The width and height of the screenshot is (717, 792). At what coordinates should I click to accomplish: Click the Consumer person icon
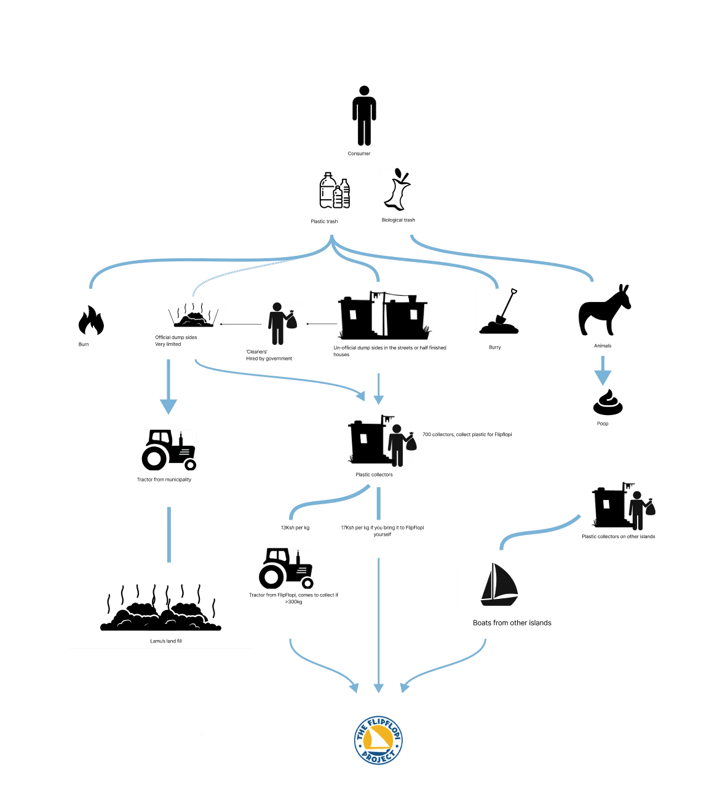point(364,116)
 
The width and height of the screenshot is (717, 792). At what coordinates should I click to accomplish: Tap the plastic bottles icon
point(335,191)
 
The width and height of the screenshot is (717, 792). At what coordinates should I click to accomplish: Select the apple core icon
point(397,190)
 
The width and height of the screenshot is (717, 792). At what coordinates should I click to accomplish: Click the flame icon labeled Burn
point(90,321)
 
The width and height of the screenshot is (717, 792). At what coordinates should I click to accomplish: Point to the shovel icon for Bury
point(499,312)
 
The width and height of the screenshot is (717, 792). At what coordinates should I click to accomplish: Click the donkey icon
point(604,310)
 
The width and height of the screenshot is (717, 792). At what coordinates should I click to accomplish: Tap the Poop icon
point(608,402)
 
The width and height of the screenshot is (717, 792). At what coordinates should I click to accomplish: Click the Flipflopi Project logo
point(378,740)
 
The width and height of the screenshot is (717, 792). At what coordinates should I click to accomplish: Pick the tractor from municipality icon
point(168,449)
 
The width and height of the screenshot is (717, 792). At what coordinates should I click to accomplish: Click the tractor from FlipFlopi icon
point(286,568)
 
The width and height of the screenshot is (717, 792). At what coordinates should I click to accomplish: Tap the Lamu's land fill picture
point(160,612)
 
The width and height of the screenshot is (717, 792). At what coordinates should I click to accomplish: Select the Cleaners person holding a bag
point(282,323)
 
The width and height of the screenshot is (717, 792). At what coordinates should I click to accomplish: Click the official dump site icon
point(194,317)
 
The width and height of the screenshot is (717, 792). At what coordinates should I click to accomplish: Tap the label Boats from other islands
point(512,623)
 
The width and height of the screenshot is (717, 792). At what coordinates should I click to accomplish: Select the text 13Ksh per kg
point(295,528)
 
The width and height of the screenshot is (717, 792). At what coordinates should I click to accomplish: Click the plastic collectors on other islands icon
point(627,510)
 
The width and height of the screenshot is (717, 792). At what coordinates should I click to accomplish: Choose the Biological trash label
point(398,220)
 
